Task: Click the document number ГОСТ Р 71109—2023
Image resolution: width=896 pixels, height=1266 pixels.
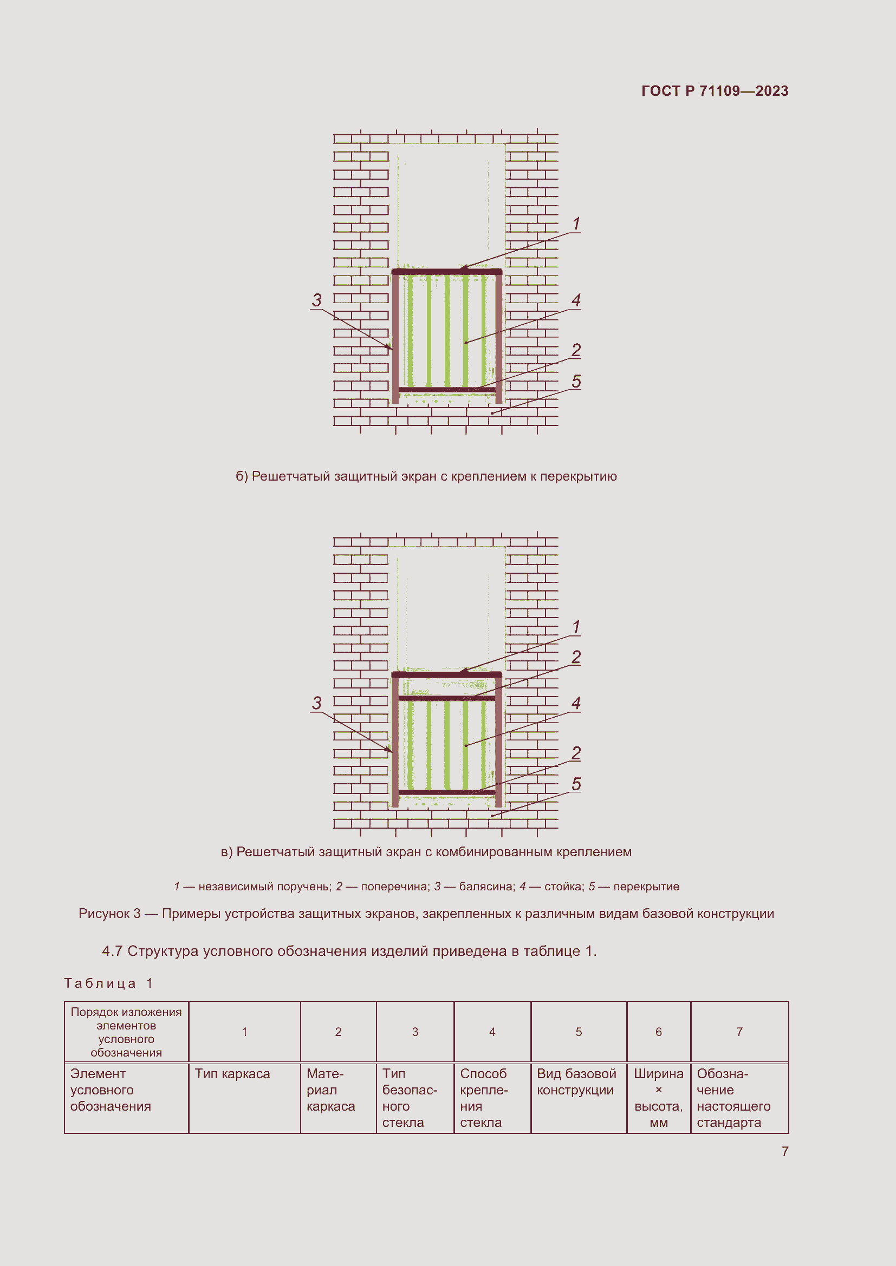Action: click(x=715, y=91)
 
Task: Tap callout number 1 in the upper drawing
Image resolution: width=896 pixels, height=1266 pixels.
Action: click(x=576, y=224)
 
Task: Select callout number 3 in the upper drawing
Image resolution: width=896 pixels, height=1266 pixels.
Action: click(x=316, y=300)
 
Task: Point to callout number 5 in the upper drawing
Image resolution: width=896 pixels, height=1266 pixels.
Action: click(x=576, y=381)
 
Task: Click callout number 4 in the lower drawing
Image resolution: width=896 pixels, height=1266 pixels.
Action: click(x=576, y=703)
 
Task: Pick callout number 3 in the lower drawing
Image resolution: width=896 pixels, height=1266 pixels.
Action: click(x=316, y=703)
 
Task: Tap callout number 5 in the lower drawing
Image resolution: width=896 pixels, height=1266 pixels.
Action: click(x=576, y=784)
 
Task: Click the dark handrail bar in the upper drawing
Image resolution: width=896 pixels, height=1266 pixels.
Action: click(x=446, y=272)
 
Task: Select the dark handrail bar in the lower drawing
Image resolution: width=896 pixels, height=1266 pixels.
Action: click(x=446, y=674)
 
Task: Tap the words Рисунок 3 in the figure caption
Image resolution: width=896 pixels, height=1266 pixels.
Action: click(x=109, y=914)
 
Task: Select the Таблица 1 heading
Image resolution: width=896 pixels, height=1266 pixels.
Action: click(x=108, y=983)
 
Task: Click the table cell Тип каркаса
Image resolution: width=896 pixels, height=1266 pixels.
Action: click(x=232, y=1073)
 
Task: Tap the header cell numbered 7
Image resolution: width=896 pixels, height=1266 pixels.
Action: click(x=739, y=1032)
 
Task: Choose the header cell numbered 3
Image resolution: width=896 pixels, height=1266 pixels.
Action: click(x=415, y=1032)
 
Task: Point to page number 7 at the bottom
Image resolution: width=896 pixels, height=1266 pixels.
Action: click(x=784, y=1151)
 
